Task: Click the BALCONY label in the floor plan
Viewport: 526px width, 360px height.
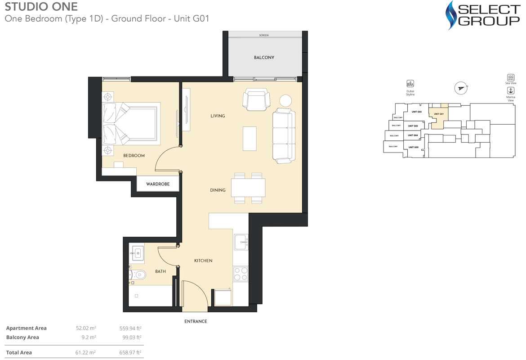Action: pyautogui.click(x=264, y=58)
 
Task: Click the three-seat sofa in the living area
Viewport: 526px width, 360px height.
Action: pyautogui.click(x=284, y=135)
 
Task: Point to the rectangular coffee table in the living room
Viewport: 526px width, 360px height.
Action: pyautogui.click(x=250, y=139)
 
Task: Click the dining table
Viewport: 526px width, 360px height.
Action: pyautogui.click(x=248, y=188)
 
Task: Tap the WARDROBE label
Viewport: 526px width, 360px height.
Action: pyautogui.click(x=157, y=184)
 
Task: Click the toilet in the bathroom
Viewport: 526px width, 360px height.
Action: pyautogui.click(x=138, y=274)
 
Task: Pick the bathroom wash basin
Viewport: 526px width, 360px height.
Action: pyautogui.click(x=136, y=253)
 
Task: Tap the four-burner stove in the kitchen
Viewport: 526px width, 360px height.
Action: pyautogui.click(x=241, y=274)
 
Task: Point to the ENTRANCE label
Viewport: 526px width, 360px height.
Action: pyautogui.click(x=196, y=321)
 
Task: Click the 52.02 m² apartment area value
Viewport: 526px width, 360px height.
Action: pyautogui.click(x=85, y=328)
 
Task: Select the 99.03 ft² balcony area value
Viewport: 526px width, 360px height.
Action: pyautogui.click(x=132, y=337)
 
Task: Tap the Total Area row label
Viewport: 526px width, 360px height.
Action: pyautogui.click(x=19, y=352)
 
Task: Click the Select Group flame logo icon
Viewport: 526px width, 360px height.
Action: pyautogui.click(x=450, y=15)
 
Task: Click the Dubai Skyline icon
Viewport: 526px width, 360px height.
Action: pyautogui.click(x=410, y=84)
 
